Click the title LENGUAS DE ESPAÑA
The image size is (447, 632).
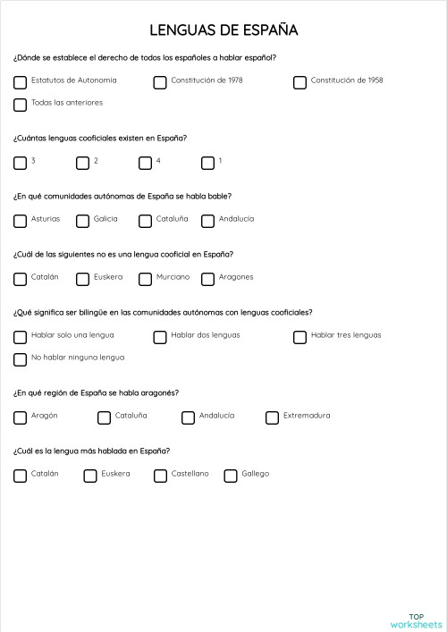(223, 30)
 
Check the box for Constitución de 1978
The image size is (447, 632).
(160, 82)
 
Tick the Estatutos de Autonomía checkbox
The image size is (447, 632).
(21, 82)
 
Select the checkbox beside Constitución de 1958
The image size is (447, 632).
(300, 82)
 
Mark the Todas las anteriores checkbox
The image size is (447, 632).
(21, 105)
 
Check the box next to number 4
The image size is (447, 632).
(145, 163)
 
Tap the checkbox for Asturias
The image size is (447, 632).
(21, 221)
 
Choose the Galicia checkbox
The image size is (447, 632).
(83, 221)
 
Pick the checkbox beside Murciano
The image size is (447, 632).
(145, 279)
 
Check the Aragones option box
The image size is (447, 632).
(208, 279)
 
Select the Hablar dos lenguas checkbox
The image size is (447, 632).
(160, 337)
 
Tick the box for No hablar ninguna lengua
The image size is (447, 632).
(21, 359)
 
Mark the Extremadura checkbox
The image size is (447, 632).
(273, 417)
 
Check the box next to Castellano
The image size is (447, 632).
(160, 476)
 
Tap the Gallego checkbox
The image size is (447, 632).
(231, 476)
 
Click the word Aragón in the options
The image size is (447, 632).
(45, 416)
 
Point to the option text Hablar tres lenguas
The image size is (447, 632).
(346, 335)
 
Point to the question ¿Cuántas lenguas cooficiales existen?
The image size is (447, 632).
(100, 138)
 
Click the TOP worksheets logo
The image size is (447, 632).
(416, 620)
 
